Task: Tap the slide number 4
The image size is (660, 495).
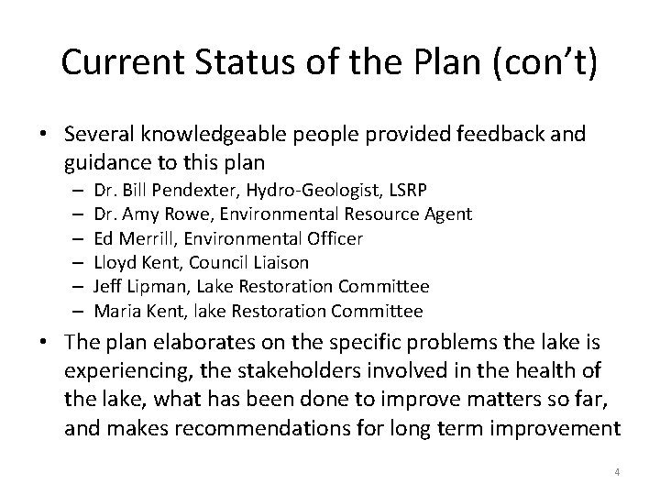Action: pyautogui.click(x=617, y=472)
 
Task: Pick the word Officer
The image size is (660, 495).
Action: pyautogui.click(x=333, y=238)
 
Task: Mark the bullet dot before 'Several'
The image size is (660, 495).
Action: pyautogui.click(x=43, y=135)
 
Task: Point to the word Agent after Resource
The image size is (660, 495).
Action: pyautogui.click(x=448, y=214)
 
